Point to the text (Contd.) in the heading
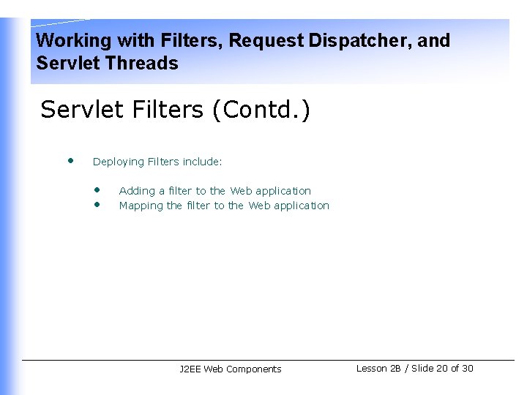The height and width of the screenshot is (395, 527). (x=261, y=110)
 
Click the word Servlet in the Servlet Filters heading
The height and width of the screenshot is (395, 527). (x=82, y=110)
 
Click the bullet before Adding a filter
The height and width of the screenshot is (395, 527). (x=96, y=189)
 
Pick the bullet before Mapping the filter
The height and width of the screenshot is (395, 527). (x=96, y=204)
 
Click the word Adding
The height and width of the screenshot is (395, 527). (x=137, y=191)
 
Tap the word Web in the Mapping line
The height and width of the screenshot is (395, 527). (x=259, y=206)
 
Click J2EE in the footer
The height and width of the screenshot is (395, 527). (x=190, y=369)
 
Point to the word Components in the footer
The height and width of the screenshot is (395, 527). (x=253, y=369)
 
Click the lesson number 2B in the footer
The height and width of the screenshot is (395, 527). (x=395, y=369)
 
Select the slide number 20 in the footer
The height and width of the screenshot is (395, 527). (x=441, y=369)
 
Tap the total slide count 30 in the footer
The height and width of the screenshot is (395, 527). (x=467, y=369)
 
